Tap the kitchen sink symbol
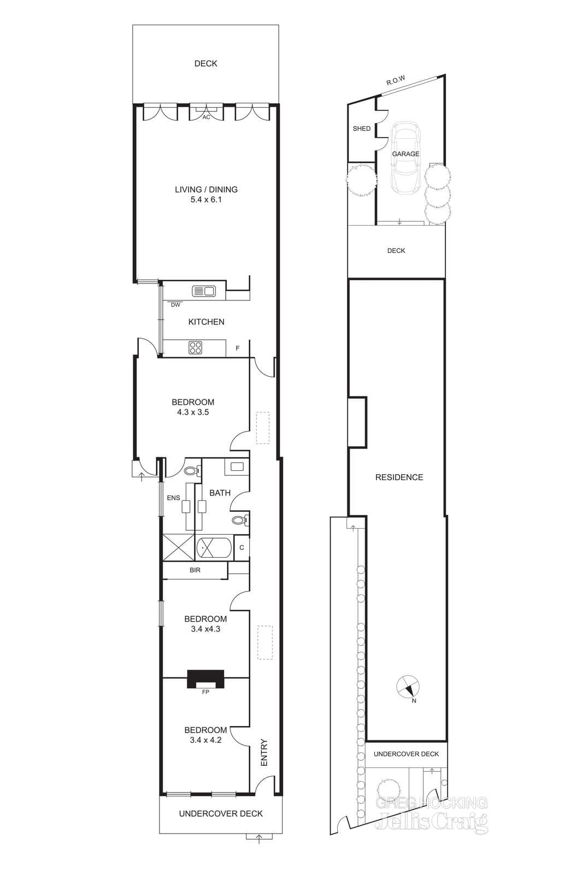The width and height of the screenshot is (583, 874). point(203,291)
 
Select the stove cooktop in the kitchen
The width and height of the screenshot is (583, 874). point(196,347)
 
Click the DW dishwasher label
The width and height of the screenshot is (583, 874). point(175,305)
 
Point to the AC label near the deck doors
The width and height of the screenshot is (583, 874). point(206,117)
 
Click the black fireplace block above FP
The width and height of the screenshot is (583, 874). point(205,680)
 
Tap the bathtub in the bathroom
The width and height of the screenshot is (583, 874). point(214,547)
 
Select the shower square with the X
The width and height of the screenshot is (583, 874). point(178,547)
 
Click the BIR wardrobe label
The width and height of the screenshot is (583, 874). point(195,570)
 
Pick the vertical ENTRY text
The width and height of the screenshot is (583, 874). point(264,752)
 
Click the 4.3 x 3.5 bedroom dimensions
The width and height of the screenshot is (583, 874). point(193,412)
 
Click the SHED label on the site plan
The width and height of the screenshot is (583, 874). point(362,128)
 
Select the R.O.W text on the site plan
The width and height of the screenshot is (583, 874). point(396,80)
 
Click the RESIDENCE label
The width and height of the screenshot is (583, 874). point(399,477)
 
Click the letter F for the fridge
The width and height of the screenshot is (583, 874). point(238,348)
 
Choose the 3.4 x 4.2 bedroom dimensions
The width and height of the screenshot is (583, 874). point(205,740)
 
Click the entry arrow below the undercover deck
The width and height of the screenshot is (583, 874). point(259,836)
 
